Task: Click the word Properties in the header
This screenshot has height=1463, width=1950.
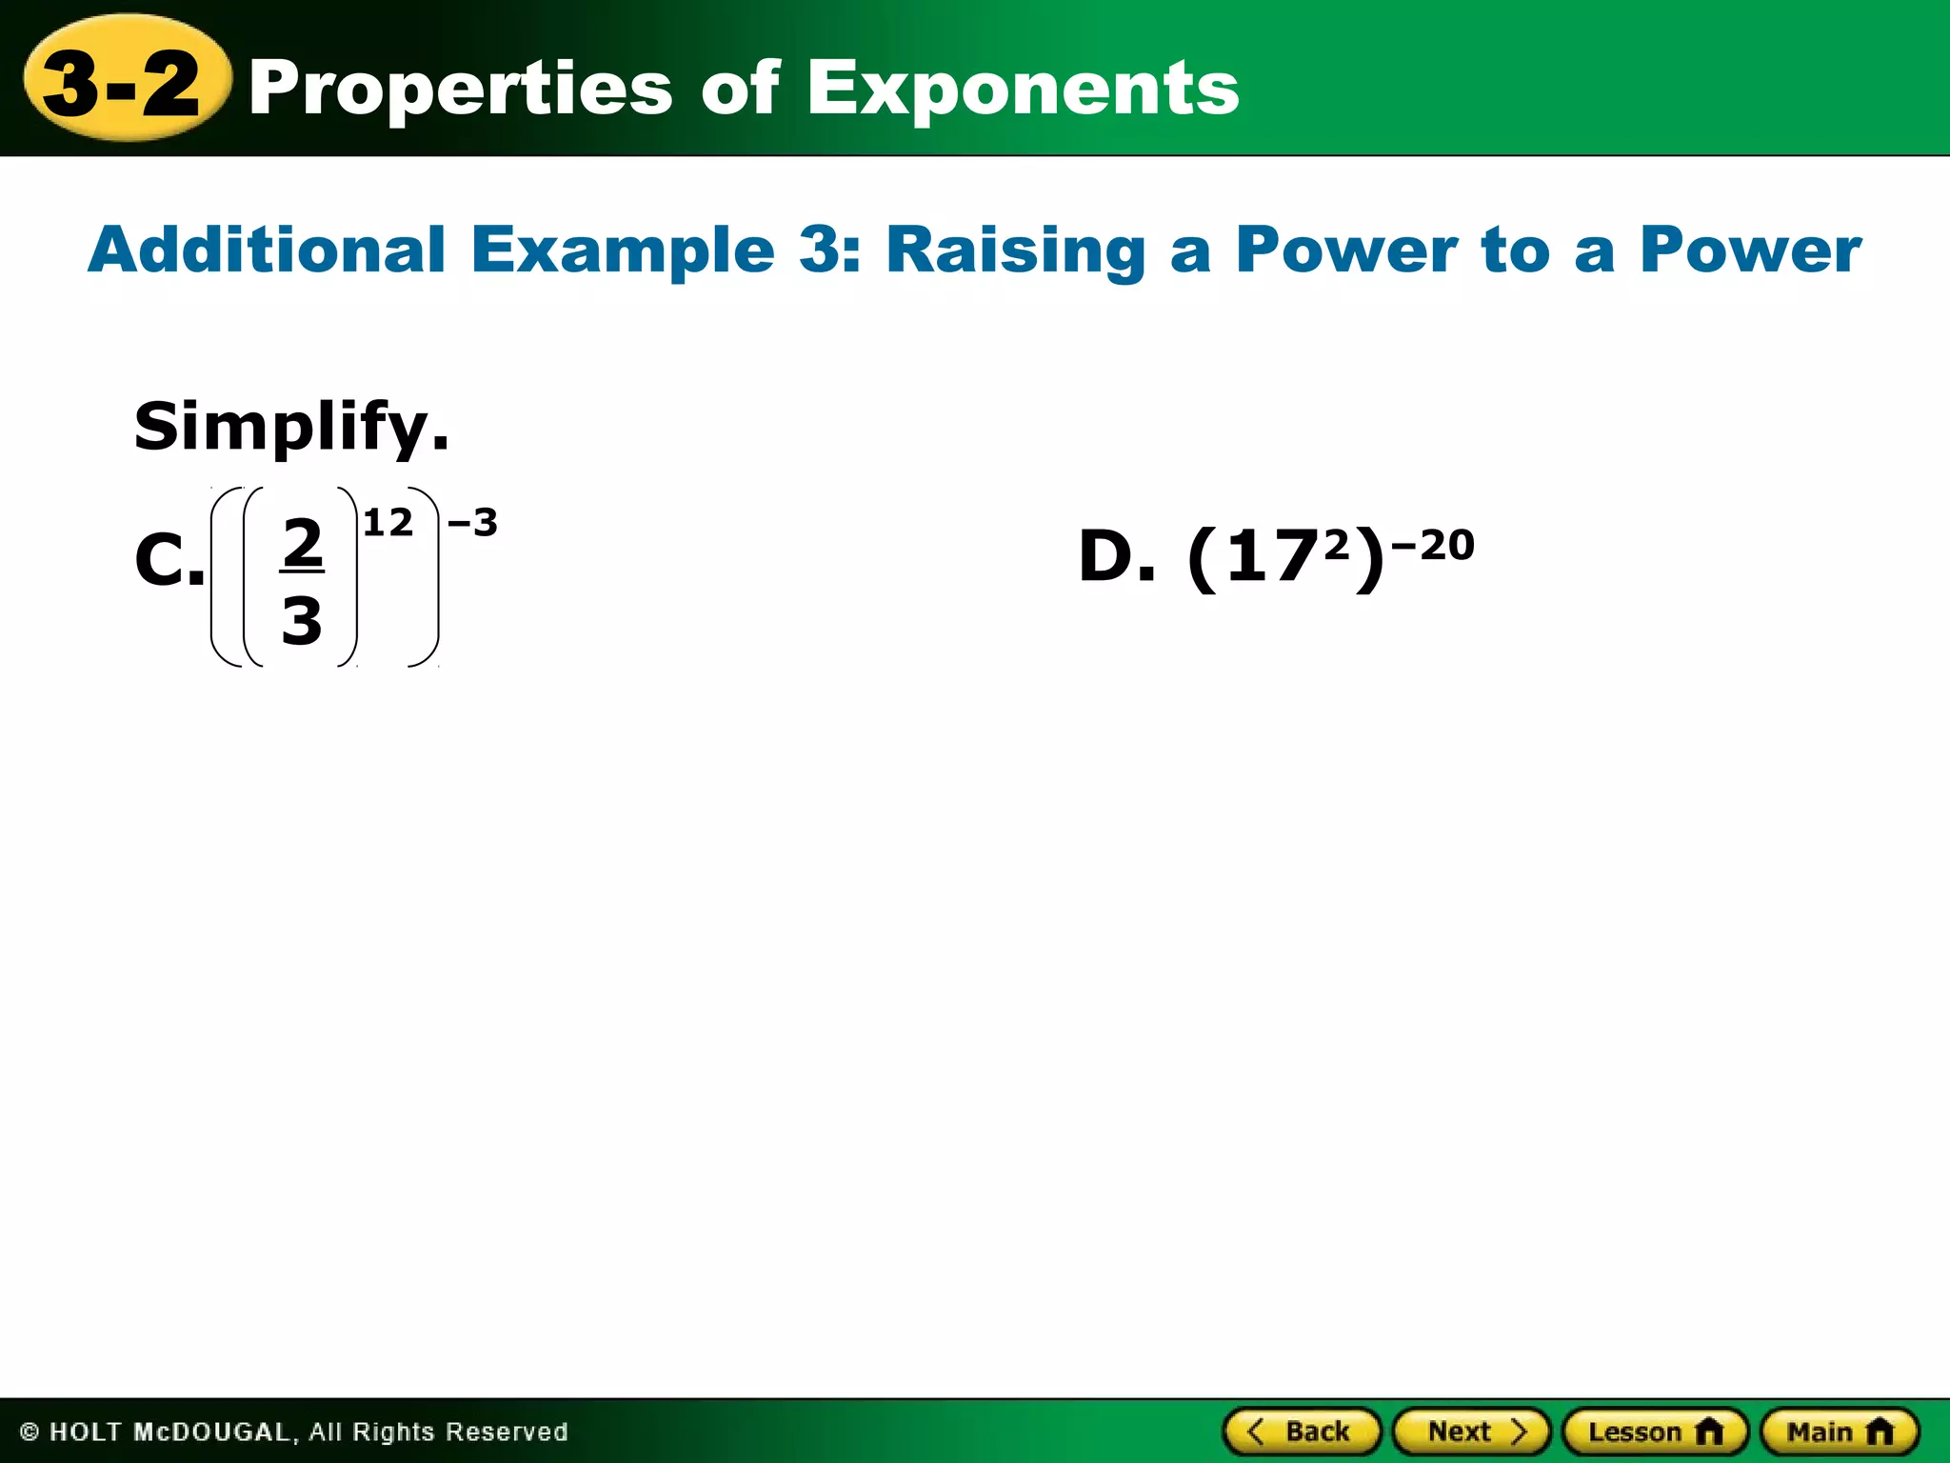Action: (x=461, y=89)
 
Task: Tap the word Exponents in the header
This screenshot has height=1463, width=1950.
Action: (x=1024, y=89)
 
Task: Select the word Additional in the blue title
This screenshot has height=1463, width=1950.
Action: (x=268, y=250)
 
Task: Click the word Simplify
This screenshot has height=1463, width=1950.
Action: (x=290, y=428)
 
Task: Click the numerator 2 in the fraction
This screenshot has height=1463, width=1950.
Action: (x=303, y=542)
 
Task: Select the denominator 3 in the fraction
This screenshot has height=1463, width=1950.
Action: (x=302, y=621)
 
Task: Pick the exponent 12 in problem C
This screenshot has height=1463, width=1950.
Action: (x=388, y=523)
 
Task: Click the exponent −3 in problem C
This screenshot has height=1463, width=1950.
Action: (x=472, y=523)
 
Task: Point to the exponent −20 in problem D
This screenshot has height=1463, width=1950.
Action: (x=1433, y=546)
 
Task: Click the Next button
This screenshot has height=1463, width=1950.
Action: (x=1472, y=1432)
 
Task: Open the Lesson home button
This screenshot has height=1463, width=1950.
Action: (x=1655, y=1432)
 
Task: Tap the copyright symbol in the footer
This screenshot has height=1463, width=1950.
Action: (x=30, y=1432)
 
